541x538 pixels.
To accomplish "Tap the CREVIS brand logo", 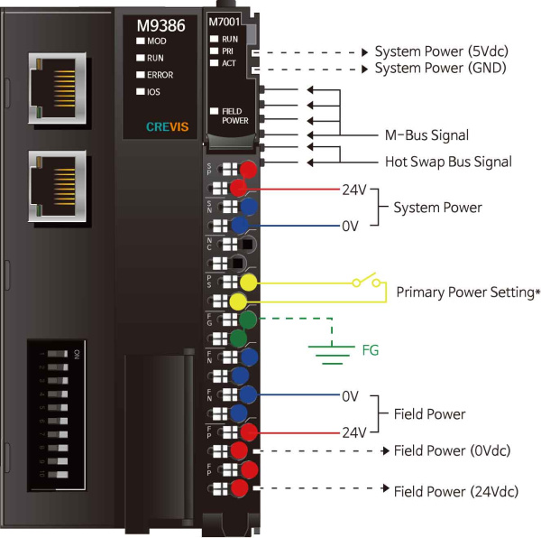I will coord(161,126).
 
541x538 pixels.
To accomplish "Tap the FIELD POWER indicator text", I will coord(234,115).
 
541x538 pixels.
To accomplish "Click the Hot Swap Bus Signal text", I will coord(442,162).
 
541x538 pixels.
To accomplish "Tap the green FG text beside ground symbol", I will coord(371,348).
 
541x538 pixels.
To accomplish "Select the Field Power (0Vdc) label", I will coord(453,450).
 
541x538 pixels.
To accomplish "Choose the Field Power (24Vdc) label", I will coord(455,491).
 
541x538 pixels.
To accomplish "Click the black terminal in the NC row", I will coord(246,244).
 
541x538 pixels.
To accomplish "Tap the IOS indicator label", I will coord(152,92).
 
